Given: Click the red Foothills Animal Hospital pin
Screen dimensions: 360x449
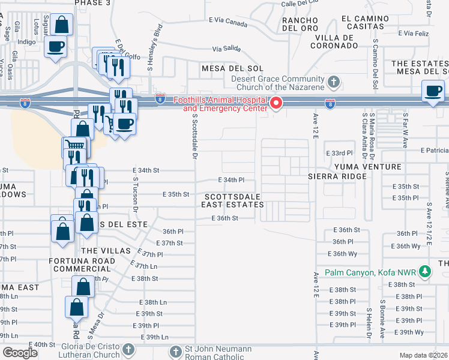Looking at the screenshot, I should point(276,103).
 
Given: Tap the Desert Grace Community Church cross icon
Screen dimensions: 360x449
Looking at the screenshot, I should point(334,81).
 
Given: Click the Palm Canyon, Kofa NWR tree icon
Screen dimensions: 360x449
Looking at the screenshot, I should point(425,272).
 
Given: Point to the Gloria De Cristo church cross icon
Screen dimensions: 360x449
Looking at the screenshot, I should point(127,350).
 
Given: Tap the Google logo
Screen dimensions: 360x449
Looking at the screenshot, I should point(20,353).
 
